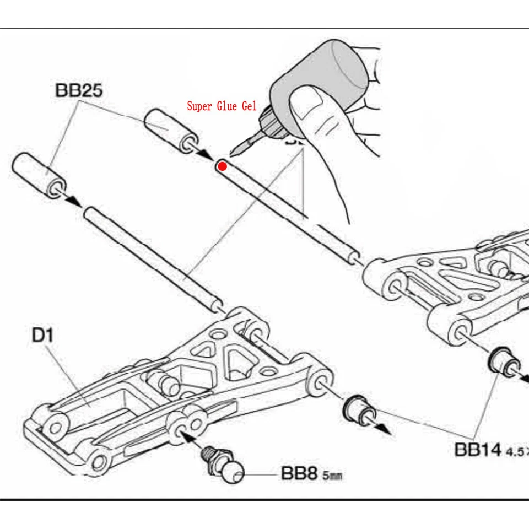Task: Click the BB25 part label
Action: click(x=79, y=91)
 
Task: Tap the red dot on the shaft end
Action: click(x=222, y=166)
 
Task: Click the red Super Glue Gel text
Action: click(x=222, y=106)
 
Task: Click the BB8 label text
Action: click(x=300, y=473)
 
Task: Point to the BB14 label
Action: click(x=478, y=449)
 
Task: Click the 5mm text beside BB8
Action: click(x=332, y=475)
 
